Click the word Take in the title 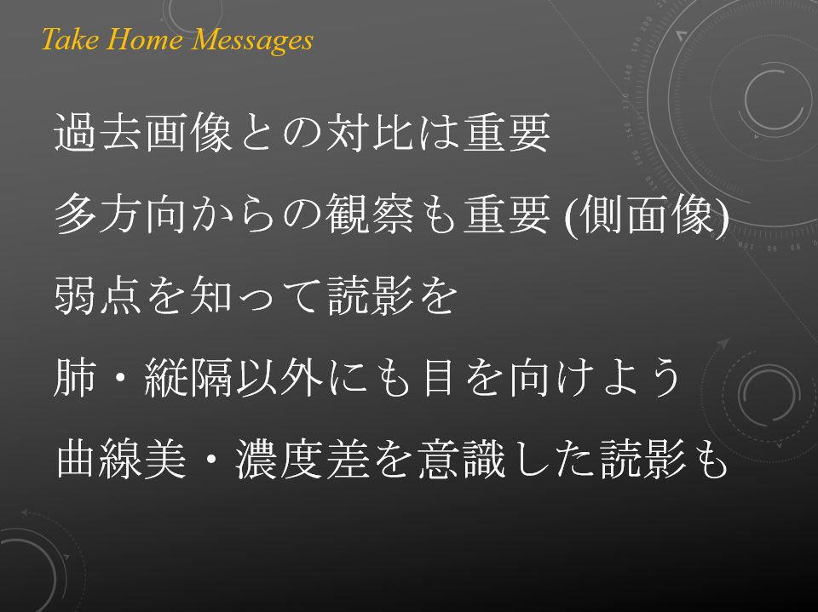click(x=69, y=39)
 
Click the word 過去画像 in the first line click(x=143, y=133)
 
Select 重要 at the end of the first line click(x=506, y=133)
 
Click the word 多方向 click(x=120, y=214)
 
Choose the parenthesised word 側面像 click(x=647, y=214)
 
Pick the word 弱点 click(x=98, y=295)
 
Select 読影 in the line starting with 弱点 click(x=371, y=295)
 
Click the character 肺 click(x=75, y=377)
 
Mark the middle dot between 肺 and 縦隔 click(x=120, y=377)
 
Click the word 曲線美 click(x=120, y=459)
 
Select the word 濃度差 click(x=302, y=459)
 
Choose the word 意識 click(x=461, y=459)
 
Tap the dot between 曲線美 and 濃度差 click(x=211, y=460)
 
